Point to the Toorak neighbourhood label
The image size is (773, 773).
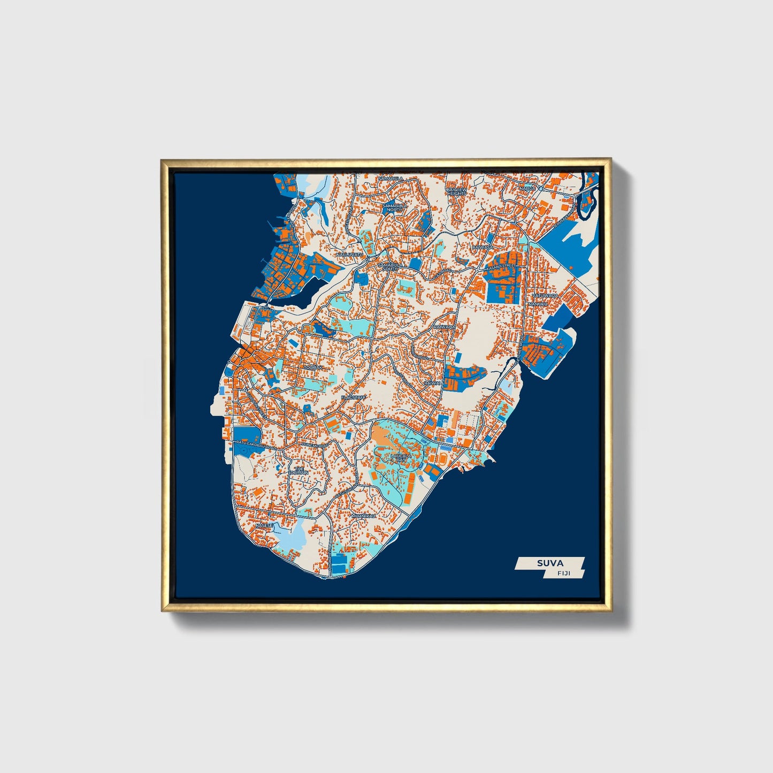tap(313, 368)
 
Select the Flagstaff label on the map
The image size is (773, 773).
tap(353, 397)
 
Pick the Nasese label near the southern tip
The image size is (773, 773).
tap(264, 525)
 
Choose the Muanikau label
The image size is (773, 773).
tap(363, 516)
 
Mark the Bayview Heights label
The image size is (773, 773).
tap(456, 191)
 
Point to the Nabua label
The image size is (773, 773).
tap(527, 188)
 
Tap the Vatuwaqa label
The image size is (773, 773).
tap(545, 295)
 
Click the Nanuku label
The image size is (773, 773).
tap(538, 304)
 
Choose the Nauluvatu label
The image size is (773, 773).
tap(349, 255)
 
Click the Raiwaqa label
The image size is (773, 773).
tap(445, 326)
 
